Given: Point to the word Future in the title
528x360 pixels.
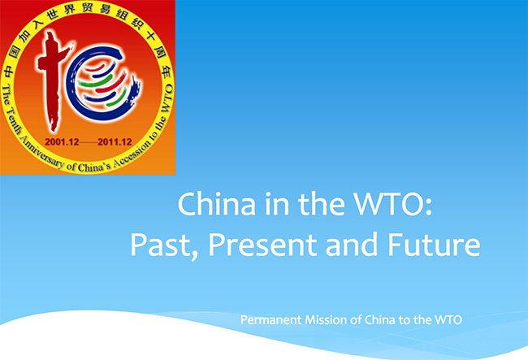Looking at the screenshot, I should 436,245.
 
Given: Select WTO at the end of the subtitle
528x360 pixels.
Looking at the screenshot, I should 447,320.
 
